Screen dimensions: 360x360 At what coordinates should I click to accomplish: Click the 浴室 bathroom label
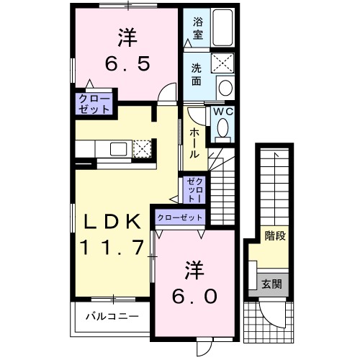pyautogui.click(x=197, y=27)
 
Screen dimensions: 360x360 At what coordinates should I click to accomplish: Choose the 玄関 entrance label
pyautogui.click(x=272, y=284)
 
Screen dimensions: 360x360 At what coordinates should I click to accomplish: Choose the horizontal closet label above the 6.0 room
pyautogui.click(x=179, y=217)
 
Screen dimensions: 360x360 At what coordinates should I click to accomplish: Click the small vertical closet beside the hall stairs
pyautogui.click(x=194, y=189)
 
